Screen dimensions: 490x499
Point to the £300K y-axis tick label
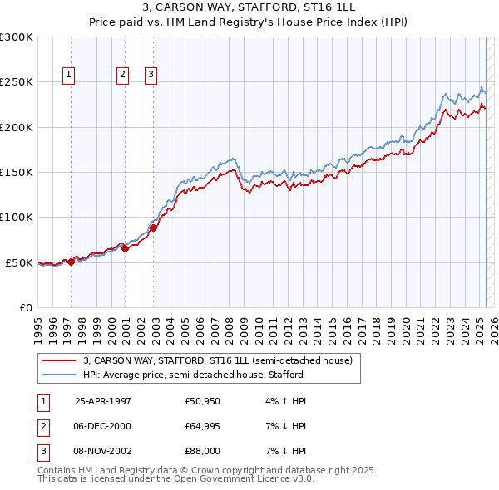(17, 37)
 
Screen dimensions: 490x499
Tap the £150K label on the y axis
(17, 172)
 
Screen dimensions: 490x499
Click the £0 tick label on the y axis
(25, 307)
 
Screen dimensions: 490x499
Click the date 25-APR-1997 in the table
(103, 401)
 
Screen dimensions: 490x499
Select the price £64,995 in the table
(203, 426)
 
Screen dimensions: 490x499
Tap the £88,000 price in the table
(203, 451)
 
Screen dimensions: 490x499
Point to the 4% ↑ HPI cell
(286, 401)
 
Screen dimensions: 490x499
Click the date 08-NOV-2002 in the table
(103, 451)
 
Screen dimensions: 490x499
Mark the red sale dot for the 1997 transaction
(71, 262)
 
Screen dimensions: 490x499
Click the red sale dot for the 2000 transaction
(125, 247)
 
